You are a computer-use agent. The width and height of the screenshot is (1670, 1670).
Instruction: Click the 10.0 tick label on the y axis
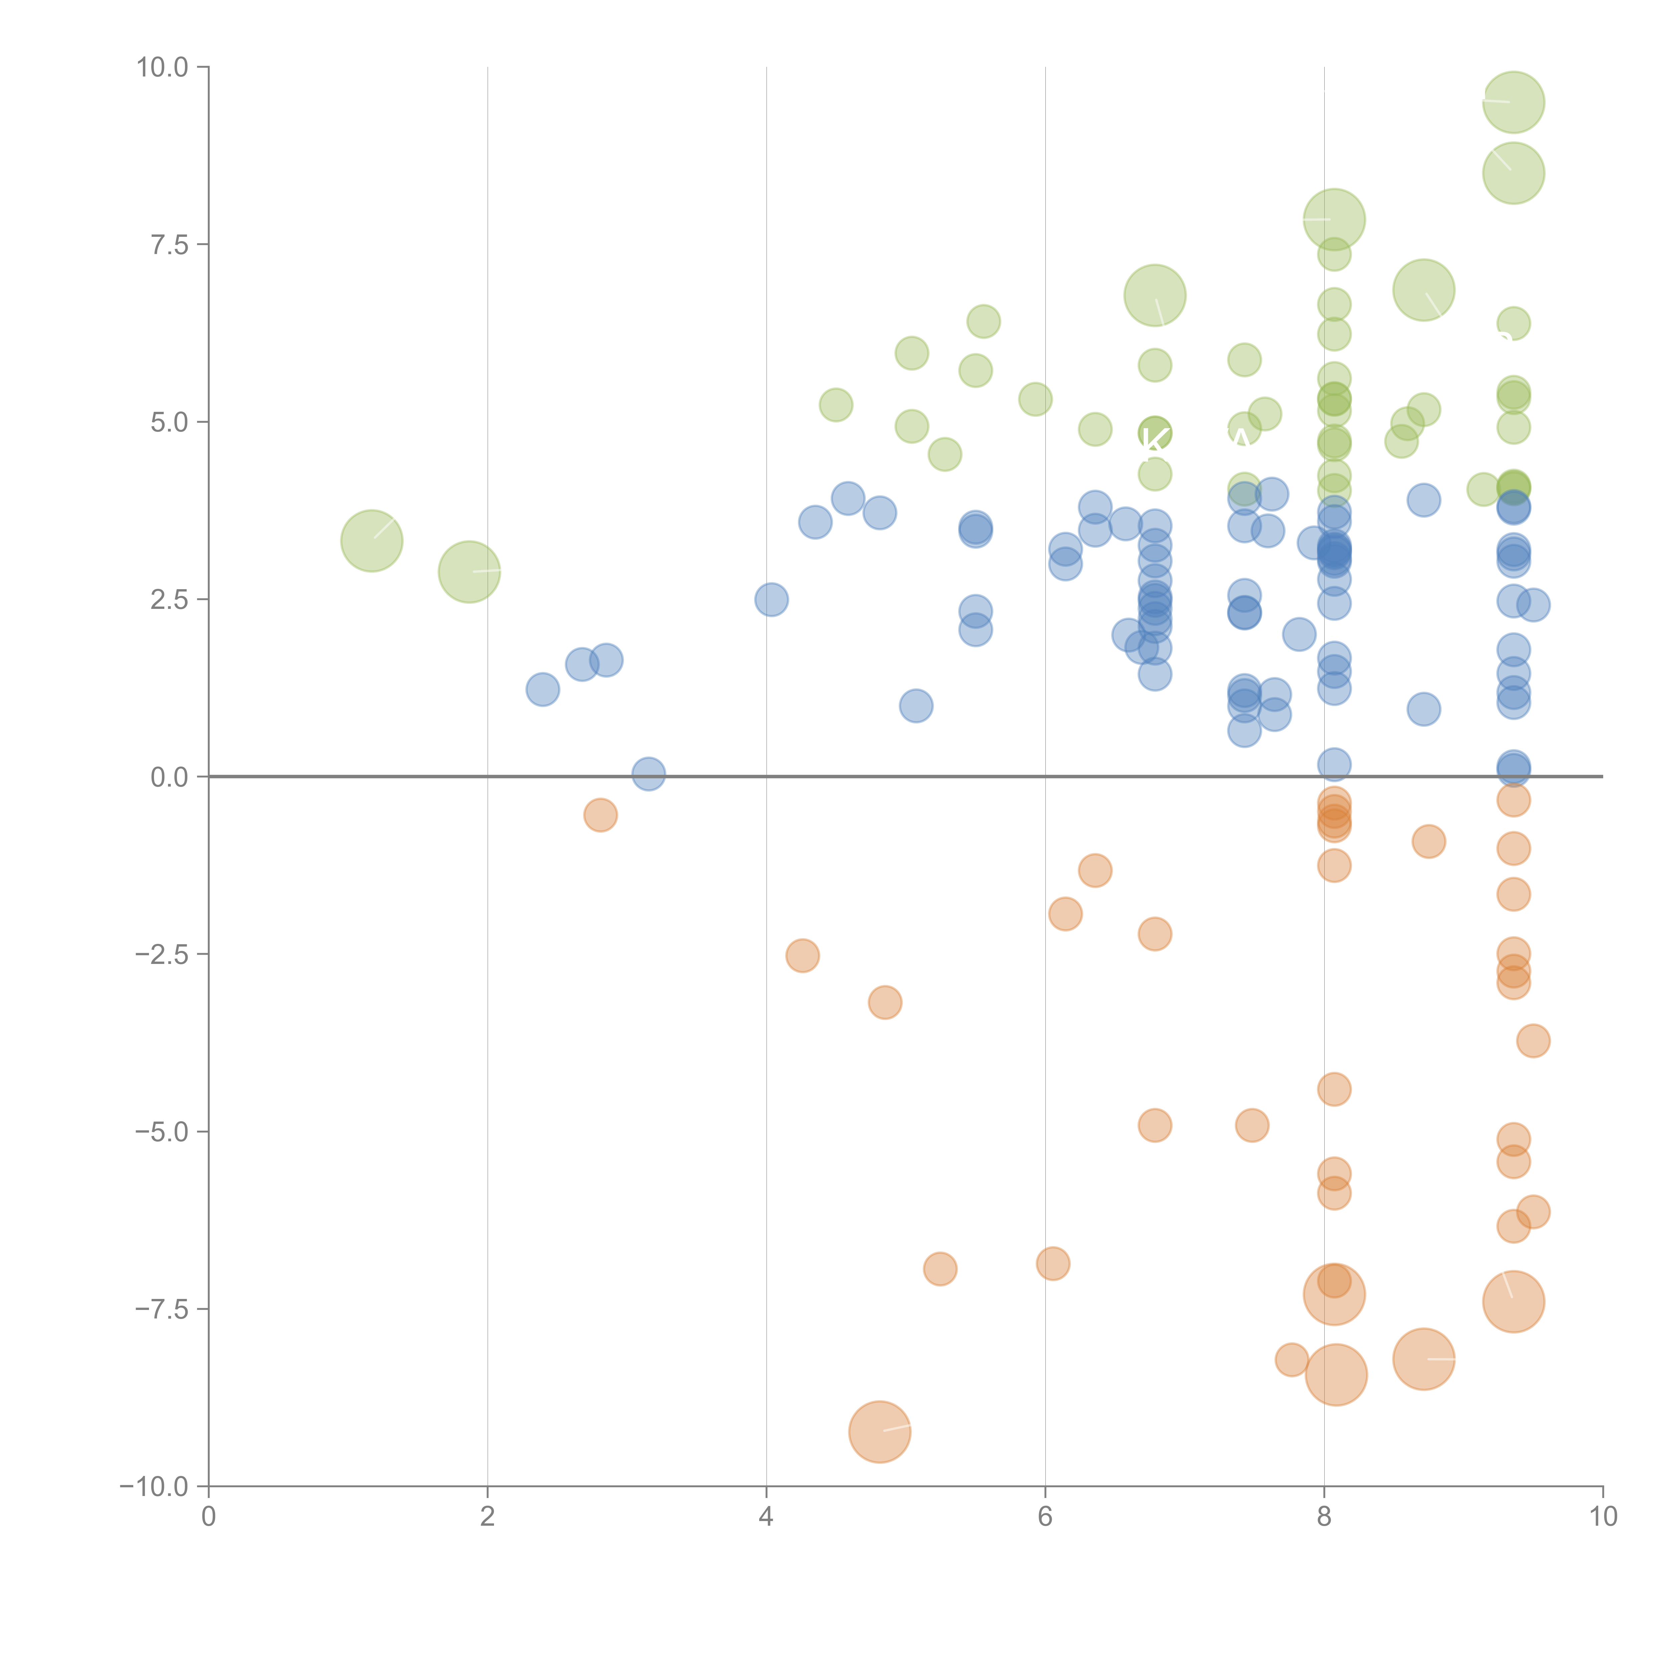pyautogui.click(x=163, y=67)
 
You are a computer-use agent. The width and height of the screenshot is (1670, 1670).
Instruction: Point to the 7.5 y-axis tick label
pyautogui.click(x=169, y=244)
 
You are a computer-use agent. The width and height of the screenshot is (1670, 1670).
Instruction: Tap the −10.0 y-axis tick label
pyautogui.click(x=155, y=1487)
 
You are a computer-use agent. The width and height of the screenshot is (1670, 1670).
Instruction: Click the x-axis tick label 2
pyautogui.click(x=488, y=1518)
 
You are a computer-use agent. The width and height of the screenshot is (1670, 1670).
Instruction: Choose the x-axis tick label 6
pyautogui.click(x=1045, y=1518)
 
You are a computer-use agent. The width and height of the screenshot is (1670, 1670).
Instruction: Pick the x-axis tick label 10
pyautogui.click(x=1603, y=1518)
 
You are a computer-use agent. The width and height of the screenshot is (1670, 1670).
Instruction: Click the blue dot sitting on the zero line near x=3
pyautogui.click(x=648, y=774)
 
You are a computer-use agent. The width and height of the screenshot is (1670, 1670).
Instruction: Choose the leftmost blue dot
pyautogui.click(x=542, y=689)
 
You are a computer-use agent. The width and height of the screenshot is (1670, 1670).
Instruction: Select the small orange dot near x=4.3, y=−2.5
pyautogui.click(x=802, y=955)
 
